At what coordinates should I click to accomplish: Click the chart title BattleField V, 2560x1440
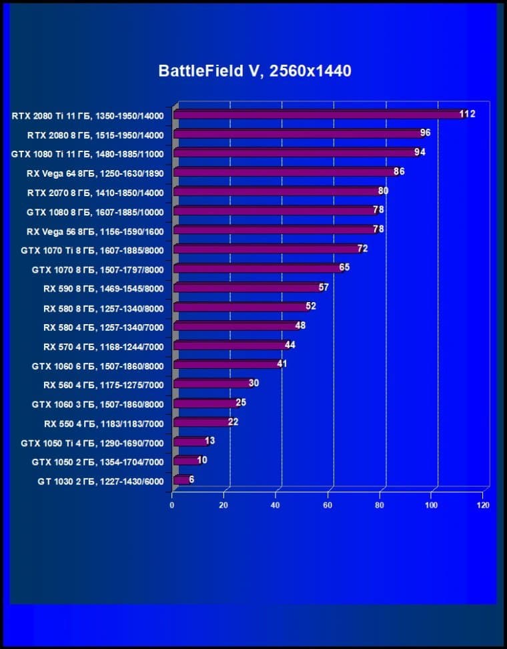255,71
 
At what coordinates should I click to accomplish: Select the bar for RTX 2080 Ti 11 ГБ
317,115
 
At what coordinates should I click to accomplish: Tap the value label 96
425,133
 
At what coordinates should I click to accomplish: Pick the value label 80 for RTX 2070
383,191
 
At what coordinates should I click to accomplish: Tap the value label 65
344,267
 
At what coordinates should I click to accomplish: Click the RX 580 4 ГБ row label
103,328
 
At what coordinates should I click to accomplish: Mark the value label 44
290,345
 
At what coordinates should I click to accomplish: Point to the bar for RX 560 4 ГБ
211,384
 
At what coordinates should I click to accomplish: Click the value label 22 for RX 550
233,422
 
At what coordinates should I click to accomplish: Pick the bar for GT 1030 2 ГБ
180,480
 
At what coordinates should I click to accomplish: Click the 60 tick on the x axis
328,506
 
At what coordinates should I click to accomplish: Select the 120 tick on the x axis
483,506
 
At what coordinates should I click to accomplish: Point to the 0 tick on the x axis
172,506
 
